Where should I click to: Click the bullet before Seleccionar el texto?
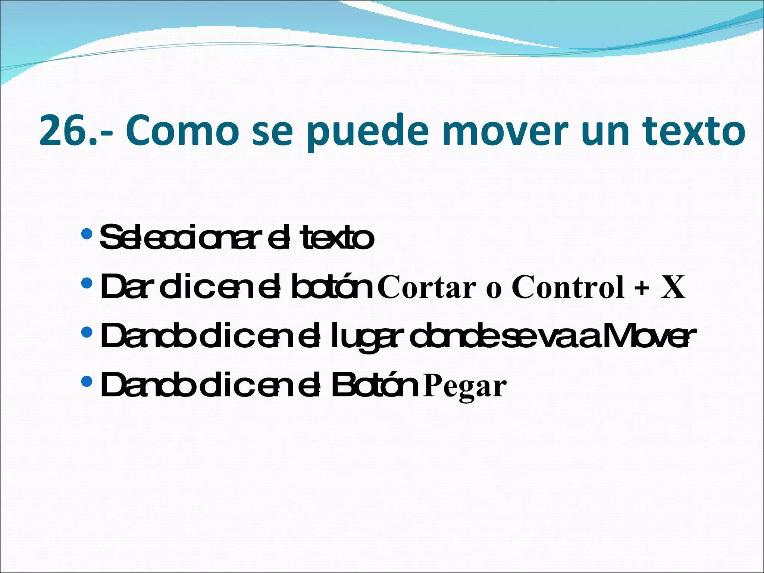click(x=87, y=234)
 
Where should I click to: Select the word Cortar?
click(x=427, y=288)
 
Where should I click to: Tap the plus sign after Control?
click(x=642, y=288)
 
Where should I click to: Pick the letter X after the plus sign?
click(x=673, y=287)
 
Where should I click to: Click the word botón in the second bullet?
click(x=332, y=287)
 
